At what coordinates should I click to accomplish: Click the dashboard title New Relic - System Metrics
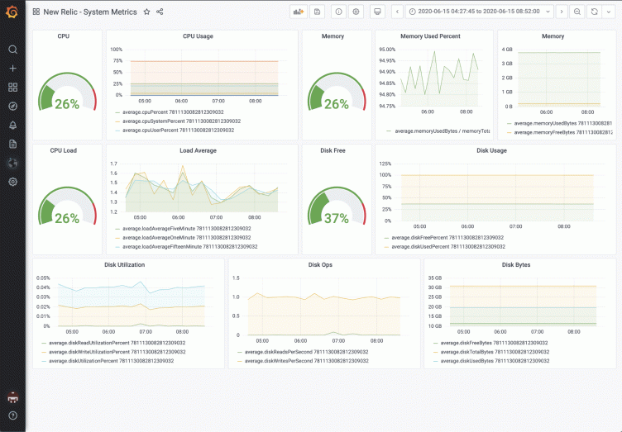click(x=91, y=12)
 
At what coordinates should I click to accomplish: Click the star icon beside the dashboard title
click(x=146, y=12)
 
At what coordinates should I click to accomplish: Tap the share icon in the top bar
click(x=160, y=12)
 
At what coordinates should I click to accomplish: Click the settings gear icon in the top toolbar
click(x=356, y=12)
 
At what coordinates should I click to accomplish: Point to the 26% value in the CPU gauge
click(x=67, y=104)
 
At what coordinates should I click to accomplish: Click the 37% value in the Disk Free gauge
click(x=336, y=218)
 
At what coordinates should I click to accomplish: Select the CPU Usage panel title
click(x=198, y=36)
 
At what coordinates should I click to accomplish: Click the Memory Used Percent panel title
click(x=430, y=36)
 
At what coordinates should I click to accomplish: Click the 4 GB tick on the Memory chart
click(x=507, y=50)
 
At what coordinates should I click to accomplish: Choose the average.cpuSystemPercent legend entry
click(x=181, y=121)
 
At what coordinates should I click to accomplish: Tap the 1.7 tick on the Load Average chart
click(x=113, y=164)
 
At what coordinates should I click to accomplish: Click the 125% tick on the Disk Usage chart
click(x=385, y=164)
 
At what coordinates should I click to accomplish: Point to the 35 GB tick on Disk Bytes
click(x=434, y=278)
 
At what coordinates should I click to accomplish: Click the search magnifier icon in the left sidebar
click(x=12, y=50)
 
